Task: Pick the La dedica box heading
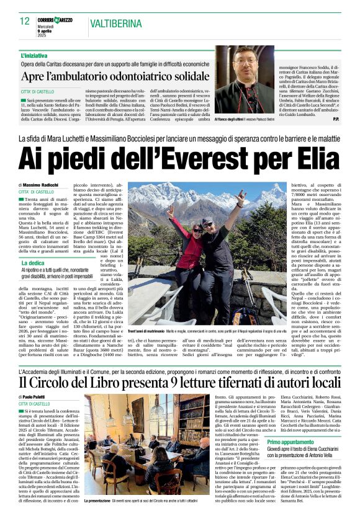pyautogui.click(x=34, y=263)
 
